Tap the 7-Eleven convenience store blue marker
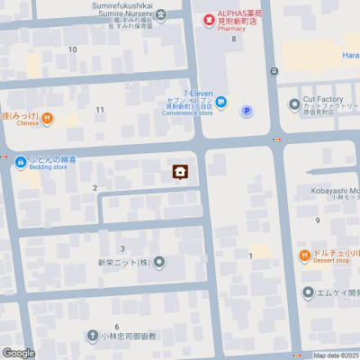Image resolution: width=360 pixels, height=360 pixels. (x=221, y=105)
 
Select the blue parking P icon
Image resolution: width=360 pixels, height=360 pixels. (x=247, y=111)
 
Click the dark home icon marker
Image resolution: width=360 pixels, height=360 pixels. (x=180, y=172)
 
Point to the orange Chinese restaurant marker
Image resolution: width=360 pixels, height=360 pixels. (x=47, y=118)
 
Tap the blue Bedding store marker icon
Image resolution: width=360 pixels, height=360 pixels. (x=20, y=161)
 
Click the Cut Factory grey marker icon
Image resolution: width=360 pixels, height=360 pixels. (x=294, y=105)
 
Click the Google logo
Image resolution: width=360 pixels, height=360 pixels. (x=18, y=353)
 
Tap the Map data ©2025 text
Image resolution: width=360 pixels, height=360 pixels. (x=333, y=355)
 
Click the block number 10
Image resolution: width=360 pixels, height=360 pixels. (x=72, y=49)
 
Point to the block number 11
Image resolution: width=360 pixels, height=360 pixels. (x=100, y=110)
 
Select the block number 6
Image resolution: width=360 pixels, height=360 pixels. (x=117, y=325)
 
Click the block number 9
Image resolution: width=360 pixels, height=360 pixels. (x=318, y=220)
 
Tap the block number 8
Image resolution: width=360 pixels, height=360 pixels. (x=233, y=40)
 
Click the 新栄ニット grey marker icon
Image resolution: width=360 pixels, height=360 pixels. (x=159, y=263)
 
